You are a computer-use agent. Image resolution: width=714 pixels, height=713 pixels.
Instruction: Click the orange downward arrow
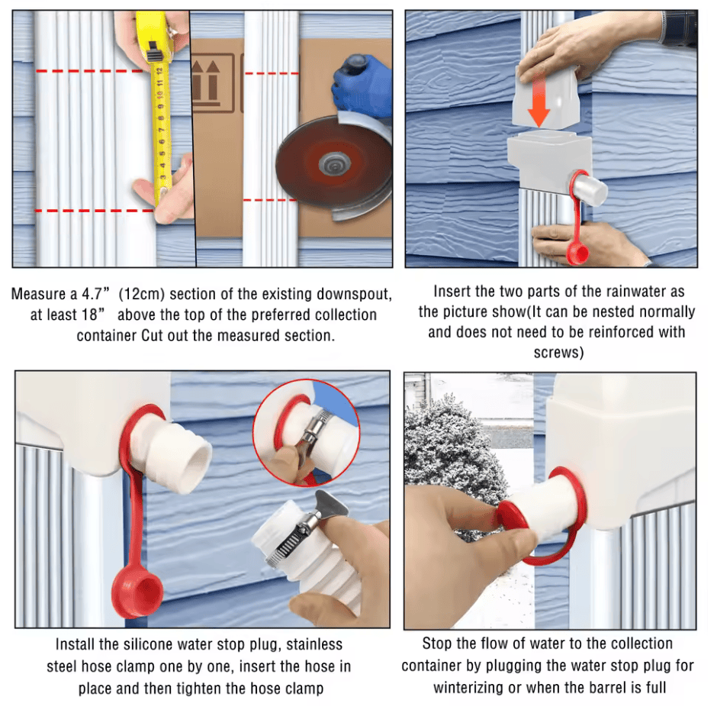[539, 98]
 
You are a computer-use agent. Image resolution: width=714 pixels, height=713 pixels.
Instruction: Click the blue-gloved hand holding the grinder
[362, 86]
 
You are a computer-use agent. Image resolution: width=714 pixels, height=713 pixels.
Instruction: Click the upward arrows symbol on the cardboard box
[206, 81]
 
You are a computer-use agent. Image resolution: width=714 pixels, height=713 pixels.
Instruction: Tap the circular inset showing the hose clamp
[307, 433]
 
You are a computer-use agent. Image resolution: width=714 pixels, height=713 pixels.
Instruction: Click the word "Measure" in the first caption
[38, 295]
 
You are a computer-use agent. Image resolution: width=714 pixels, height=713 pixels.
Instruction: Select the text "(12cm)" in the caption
[141, 295]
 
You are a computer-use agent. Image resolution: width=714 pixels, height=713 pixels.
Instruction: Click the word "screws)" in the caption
[558, 353]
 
